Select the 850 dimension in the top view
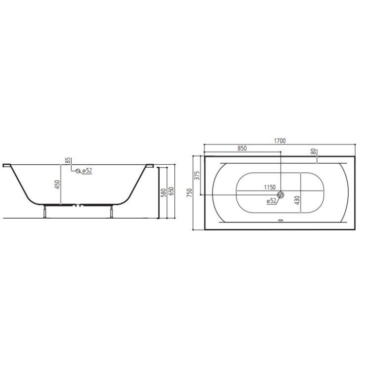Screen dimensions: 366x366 click(x=242, y=148)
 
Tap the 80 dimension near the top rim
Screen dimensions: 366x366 click(x=314, y=151)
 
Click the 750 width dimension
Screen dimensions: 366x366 click(x=190, y=193)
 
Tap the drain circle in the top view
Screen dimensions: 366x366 click(x=281, y=195)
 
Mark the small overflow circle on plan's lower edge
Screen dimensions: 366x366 click(x=280, y=221)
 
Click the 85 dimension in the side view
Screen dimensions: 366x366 click(x=67, y=161)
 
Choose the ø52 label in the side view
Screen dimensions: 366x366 click(x=86, y=171)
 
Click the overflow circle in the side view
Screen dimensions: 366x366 click(x=78, y=171)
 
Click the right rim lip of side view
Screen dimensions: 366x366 click(x=150, y=165)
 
